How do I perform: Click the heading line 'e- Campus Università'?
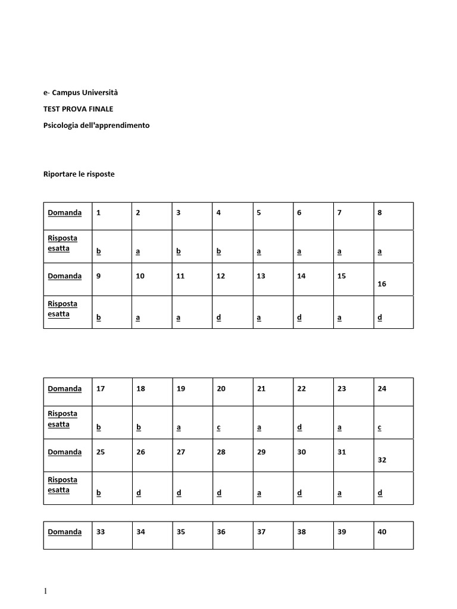[81, 92]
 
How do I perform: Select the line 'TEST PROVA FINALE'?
[79, 109]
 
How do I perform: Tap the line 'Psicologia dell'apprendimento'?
[96, 125]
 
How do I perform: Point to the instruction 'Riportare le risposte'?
[79, 174]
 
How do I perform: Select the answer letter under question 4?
[219, 252]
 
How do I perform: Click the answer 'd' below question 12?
[219, 318]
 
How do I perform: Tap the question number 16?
[382, 284]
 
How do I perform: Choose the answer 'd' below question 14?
[299, 318]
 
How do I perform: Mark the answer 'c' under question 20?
[219, 428]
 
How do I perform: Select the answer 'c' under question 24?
[380, 428]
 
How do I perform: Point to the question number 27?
[181, 452]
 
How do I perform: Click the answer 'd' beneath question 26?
[139, 493]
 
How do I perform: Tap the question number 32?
[382, 460]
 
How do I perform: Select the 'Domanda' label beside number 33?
[65, 532]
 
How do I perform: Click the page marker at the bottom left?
[45, 591]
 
